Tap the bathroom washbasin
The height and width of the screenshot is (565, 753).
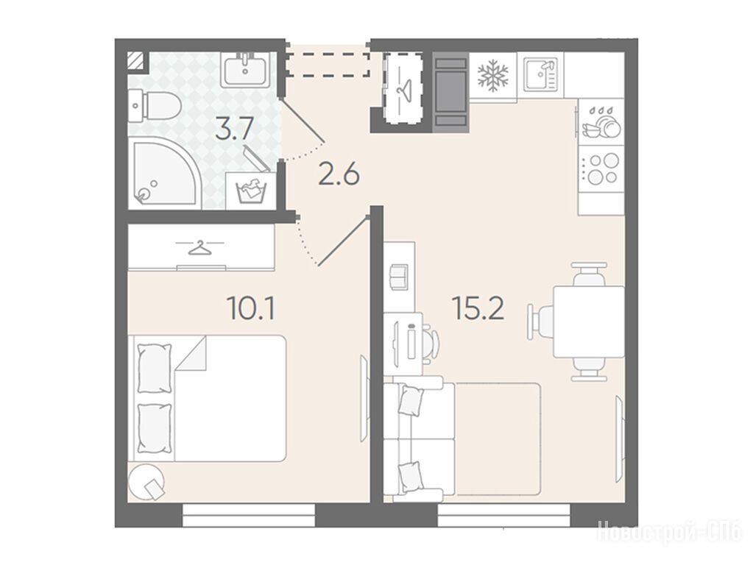pos(246,70)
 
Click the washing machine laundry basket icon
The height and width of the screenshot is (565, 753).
pos(251,190)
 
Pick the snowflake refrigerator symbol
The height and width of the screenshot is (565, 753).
pos(492,76)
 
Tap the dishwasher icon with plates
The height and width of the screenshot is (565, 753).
pos(601,122)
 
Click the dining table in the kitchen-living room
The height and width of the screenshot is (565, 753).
pos(590,321)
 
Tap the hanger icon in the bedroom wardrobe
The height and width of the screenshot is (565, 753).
pos(200,248)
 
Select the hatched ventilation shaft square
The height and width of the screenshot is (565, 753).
pos(138,62)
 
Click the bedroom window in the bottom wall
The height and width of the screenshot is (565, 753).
pos(249,515)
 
